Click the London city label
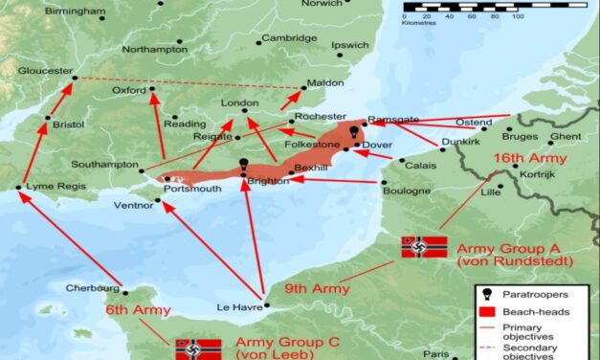[240, 102]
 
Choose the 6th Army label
[139, 310]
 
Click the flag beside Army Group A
[423, 247]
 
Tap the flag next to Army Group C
[197, 349]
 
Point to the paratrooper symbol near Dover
[354, 132]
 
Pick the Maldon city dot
[304, 89]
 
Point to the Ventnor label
[132, 204]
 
